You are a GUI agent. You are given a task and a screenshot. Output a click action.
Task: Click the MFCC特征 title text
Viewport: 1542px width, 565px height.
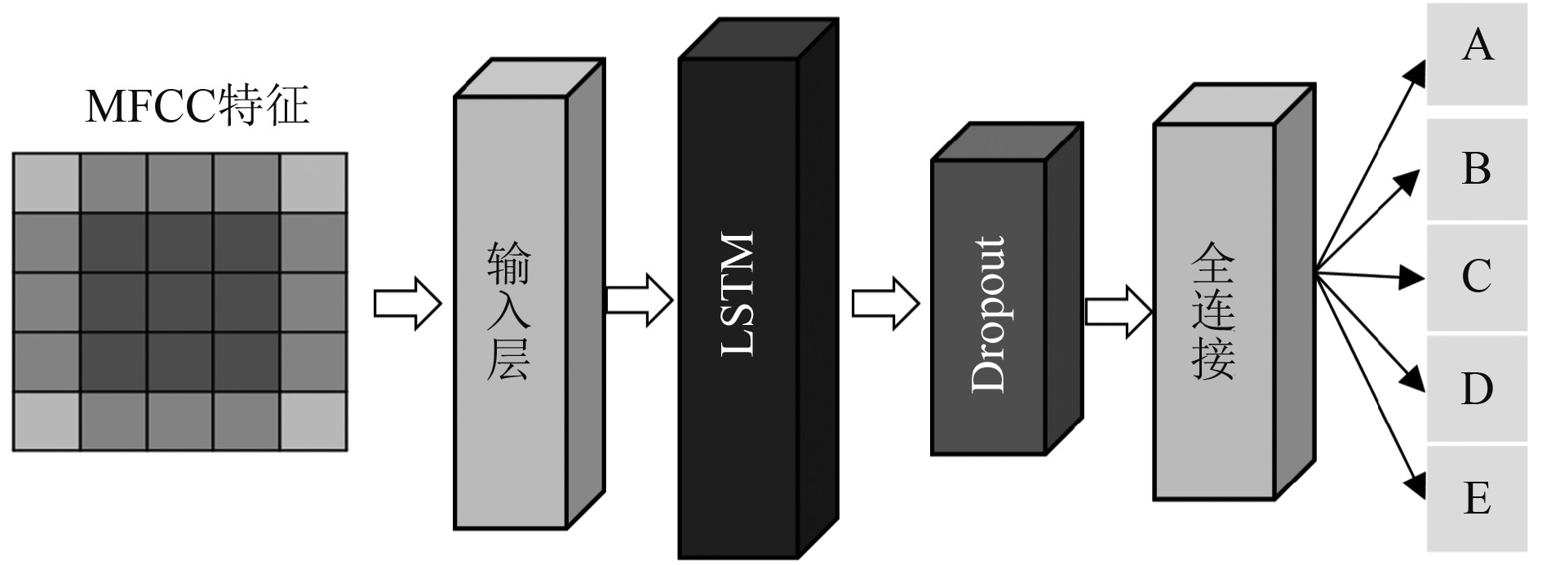[x=197, y=107]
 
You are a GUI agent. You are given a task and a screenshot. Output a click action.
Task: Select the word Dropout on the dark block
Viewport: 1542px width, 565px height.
[x=989, y=314]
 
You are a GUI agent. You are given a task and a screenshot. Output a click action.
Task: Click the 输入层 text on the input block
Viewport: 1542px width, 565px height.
[x=509, y=311]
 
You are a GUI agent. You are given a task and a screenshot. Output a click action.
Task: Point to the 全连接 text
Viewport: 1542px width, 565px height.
[x=1213, y=311]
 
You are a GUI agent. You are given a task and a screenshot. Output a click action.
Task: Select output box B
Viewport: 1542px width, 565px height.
[x=1477, y=169]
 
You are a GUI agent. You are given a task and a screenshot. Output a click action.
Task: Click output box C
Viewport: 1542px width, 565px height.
[x=1477, y=277]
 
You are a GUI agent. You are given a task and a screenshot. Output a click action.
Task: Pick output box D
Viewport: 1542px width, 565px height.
[x=1477, y=389]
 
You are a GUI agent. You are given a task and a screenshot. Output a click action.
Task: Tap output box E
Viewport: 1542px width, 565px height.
[x=1477, y=497]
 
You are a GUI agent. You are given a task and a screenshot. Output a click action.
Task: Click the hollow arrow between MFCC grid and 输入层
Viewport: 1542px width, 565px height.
[x=407, y=303]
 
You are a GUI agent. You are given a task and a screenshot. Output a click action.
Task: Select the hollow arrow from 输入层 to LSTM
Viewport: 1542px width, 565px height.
[x=639, y=300]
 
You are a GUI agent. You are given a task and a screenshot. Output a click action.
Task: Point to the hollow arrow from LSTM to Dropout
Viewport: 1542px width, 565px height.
[x=885, y=303]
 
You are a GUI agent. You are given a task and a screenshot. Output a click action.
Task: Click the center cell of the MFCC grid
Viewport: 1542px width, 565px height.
[x=180, y=302]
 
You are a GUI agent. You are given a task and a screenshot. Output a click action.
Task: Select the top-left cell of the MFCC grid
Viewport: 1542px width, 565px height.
[x=47, y=183]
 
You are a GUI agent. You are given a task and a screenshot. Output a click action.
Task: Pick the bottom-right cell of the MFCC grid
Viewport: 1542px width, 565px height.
[x=314, y=421]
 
